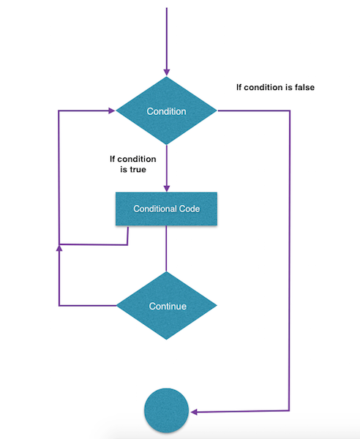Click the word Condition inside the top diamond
167,112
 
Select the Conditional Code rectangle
167,209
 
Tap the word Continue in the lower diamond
167,306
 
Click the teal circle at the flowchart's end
167,409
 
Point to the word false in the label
301,87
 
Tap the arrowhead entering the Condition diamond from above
167,72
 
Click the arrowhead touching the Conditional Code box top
167,188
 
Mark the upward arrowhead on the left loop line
59,249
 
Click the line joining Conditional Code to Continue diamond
167,249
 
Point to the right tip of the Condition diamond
217,112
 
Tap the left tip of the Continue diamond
117,306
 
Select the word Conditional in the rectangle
155,209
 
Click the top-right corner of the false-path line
290,112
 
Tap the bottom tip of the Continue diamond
167,339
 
